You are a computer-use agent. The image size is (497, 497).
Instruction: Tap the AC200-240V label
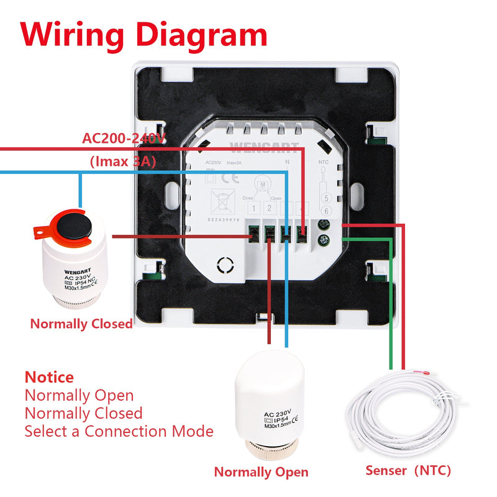124,138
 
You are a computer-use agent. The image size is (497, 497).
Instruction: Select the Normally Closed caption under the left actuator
81,324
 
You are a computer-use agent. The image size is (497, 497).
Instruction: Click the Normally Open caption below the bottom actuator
261,472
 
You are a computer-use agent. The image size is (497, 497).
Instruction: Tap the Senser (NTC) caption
408,470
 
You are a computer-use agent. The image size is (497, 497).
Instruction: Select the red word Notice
49,377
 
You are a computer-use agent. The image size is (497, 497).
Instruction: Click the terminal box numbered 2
270,209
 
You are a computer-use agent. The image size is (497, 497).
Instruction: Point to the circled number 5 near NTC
324,199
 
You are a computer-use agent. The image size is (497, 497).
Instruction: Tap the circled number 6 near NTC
324,211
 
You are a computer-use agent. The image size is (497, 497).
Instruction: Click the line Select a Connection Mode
119,431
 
